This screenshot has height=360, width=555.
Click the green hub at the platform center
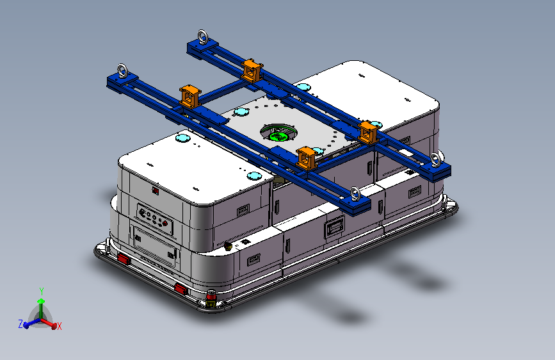278,136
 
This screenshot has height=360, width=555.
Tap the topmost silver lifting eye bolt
202,37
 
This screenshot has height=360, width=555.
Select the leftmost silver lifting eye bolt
122,70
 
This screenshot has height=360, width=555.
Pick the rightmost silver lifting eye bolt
436,160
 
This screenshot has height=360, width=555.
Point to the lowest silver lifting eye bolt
355,195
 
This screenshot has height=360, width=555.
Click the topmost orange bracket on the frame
252,70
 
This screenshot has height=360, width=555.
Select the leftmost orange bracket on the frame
190,96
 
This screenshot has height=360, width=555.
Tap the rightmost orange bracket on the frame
369,133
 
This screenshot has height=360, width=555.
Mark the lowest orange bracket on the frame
306,158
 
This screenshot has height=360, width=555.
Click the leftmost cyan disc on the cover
182,138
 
